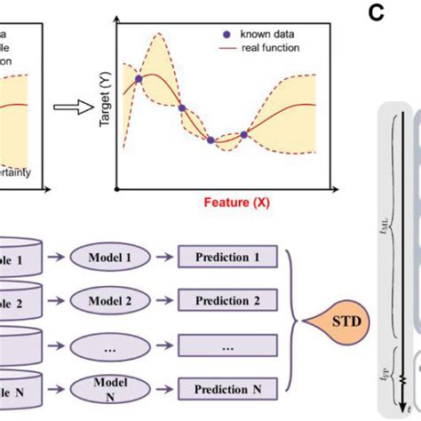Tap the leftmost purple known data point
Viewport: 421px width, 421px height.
pos(138,80)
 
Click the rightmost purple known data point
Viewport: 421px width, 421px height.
pos(243,134)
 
